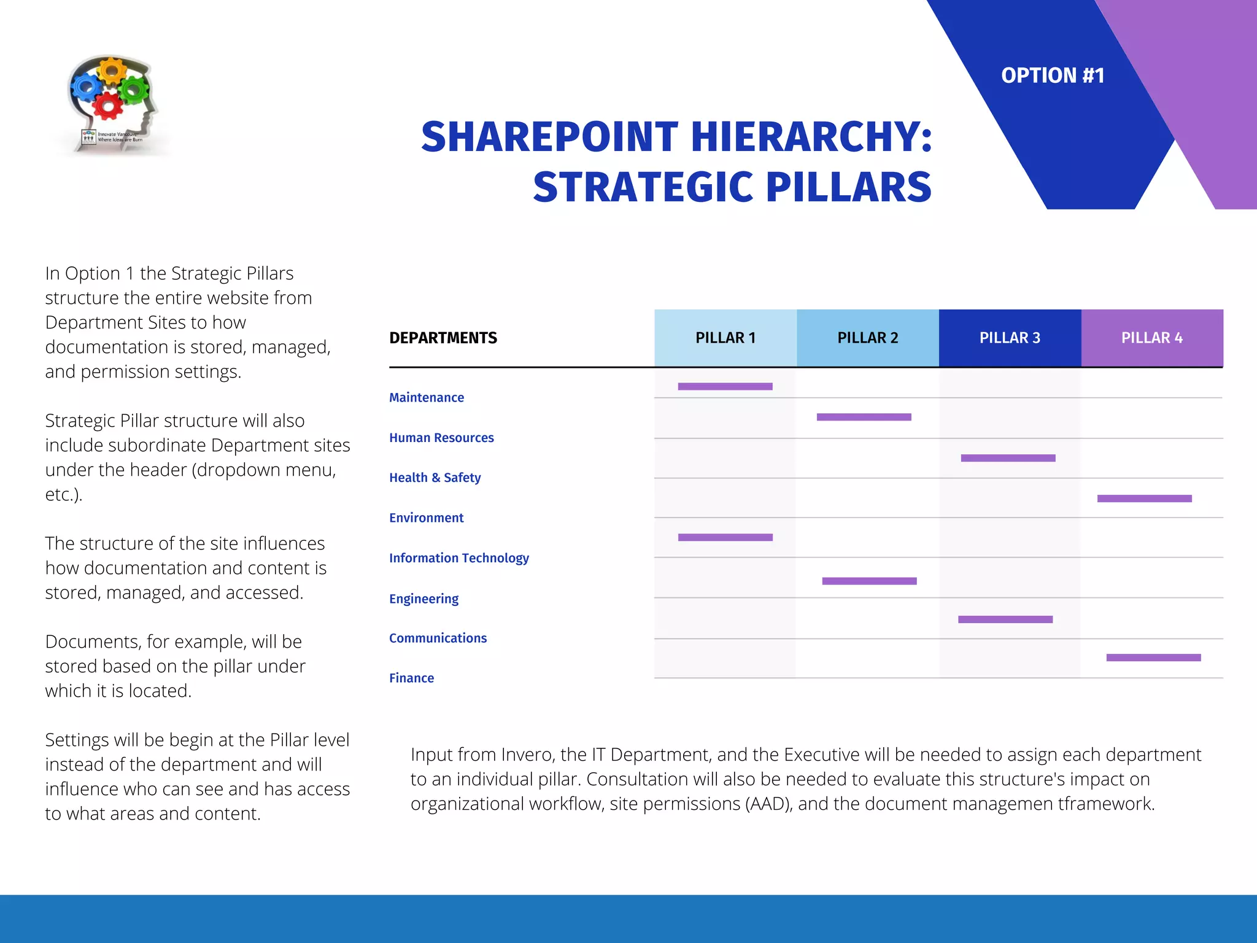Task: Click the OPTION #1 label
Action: [x=1053, y=76]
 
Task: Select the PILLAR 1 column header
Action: [x=725, y=338]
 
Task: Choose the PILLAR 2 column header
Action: [x=867, y=338]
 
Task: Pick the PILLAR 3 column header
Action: [x=1010, y=338]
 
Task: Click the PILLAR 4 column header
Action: [x=1151, y=338]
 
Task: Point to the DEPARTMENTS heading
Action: [x=443, y=338]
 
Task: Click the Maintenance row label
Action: [x=427, y=398]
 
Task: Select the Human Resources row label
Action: [x=441, y=438]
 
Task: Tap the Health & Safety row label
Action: [x=435, y=478]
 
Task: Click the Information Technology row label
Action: [x=458, y=558]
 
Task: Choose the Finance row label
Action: [x=411, y=678]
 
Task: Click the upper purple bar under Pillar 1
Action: [x=725, y=387]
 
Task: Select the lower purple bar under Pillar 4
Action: [x=1153, y=658]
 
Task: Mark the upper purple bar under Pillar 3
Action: [x=1008, y=458]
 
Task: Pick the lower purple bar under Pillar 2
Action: [x=869, y=581]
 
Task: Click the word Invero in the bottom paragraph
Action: [x=528, y=755]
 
